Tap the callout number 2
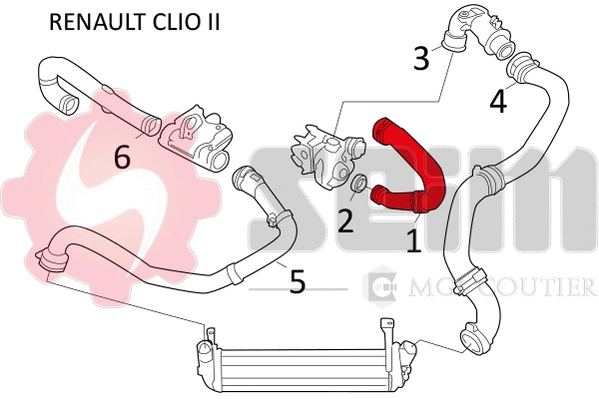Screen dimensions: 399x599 pyautogui.click(x=345, y=219)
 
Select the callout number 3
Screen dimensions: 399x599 pyautogui.click(x=421, y=58)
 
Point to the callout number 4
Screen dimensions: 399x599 pyautogui.click(x=497, y=100)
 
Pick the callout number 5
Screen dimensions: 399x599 pyautogui.click(x=297, y=282)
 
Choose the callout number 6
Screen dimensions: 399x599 pyautogui.click(x=122, y=157)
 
